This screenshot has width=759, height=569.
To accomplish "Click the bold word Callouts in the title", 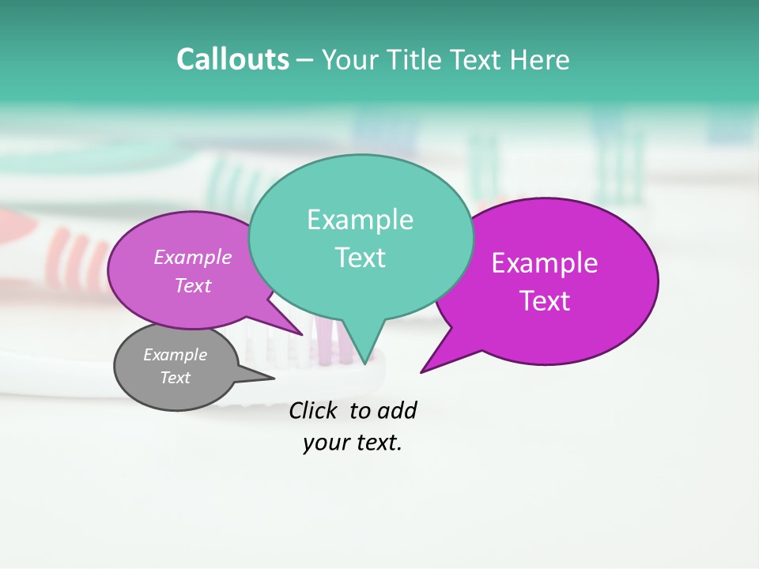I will click(232, 59).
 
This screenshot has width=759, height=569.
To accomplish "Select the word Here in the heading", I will click(539, 59).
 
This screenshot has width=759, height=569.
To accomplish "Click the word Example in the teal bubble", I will click(360, 220).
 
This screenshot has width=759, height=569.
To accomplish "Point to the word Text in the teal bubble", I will click(360, 258).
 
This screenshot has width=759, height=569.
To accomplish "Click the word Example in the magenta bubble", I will click(545, 263).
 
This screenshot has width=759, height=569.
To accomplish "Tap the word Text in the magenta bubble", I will click(545, 301).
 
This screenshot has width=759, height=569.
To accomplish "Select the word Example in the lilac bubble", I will click(193, 257).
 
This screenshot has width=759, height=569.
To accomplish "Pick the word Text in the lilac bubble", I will click(193, 285).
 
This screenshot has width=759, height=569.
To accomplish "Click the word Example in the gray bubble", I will click(175, 355).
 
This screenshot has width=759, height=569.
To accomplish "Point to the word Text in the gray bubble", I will click(175, 378).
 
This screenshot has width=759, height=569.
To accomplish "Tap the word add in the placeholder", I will click(396, 410).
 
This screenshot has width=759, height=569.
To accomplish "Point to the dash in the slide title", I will click(305, 60).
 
